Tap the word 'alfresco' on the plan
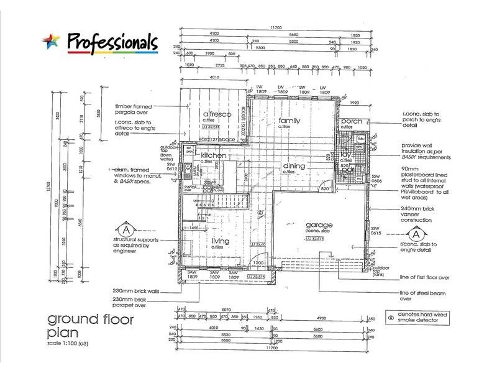[x=217, y=115]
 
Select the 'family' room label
[x=290, y=121]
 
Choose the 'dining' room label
[x=294, y=166]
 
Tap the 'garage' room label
[x=318, y=224]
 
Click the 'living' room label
[x=220, y=241]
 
